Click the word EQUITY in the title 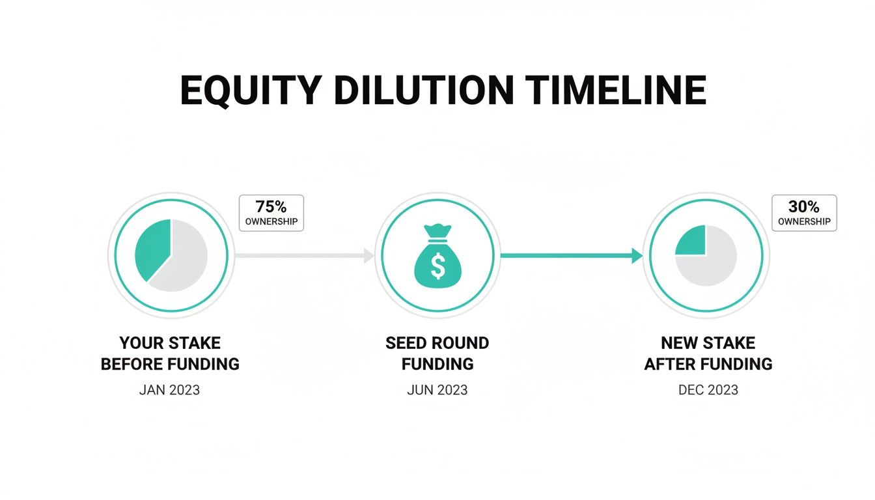click(250, 90)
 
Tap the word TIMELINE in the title click(617, 90)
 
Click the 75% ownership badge click(271, 213)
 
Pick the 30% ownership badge click(804, 213)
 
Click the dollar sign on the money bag click(437, 264)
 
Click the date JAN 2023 click(169, 390)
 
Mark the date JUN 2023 click(437, 390)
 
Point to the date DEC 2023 click(708, 390)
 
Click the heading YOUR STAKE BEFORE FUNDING click(170, 354)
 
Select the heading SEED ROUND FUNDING click(437, 354)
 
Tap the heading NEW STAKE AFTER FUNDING click(708, 354)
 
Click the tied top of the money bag click(437, 230)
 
